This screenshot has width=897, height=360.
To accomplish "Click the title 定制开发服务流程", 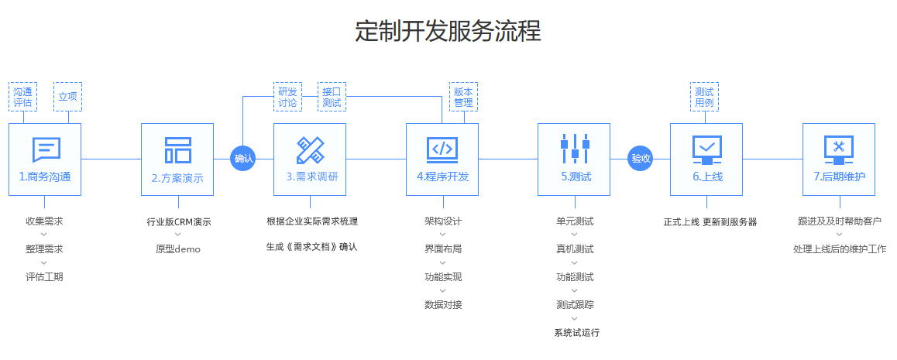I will tap(448, 31).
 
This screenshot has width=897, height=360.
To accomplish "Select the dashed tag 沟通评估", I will tap(23, 97).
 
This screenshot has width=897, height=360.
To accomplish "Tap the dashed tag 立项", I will tap(67, 97).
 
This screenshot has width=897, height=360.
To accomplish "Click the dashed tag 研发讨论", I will tap(287, 97).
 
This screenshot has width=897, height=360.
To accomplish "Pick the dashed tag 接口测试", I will tap(332, 97).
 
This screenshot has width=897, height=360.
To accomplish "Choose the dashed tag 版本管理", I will tap(463, 97).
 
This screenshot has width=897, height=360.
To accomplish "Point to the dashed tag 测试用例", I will tap(704, 97).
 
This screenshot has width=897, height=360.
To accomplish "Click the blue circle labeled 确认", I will tap(243, 159).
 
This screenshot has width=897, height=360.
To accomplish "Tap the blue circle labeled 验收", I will tap(641, 159).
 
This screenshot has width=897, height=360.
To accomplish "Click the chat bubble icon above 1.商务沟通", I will tap(46, 149).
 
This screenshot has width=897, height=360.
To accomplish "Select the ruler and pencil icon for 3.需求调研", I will tap(310, 149).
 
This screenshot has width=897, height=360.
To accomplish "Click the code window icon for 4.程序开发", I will tap(442, 149).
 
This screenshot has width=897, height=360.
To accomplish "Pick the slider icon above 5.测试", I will tap(575, 149).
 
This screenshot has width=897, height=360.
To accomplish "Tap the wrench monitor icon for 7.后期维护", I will tap(839, 149).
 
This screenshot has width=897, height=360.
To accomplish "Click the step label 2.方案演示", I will tap(177, 177).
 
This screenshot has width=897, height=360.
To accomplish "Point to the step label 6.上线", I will tap(706, 177).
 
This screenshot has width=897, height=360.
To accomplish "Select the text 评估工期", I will tap(44, 276).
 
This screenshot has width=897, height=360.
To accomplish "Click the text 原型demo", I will tap(177, 249).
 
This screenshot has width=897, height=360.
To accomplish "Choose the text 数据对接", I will tap(443, 304).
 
